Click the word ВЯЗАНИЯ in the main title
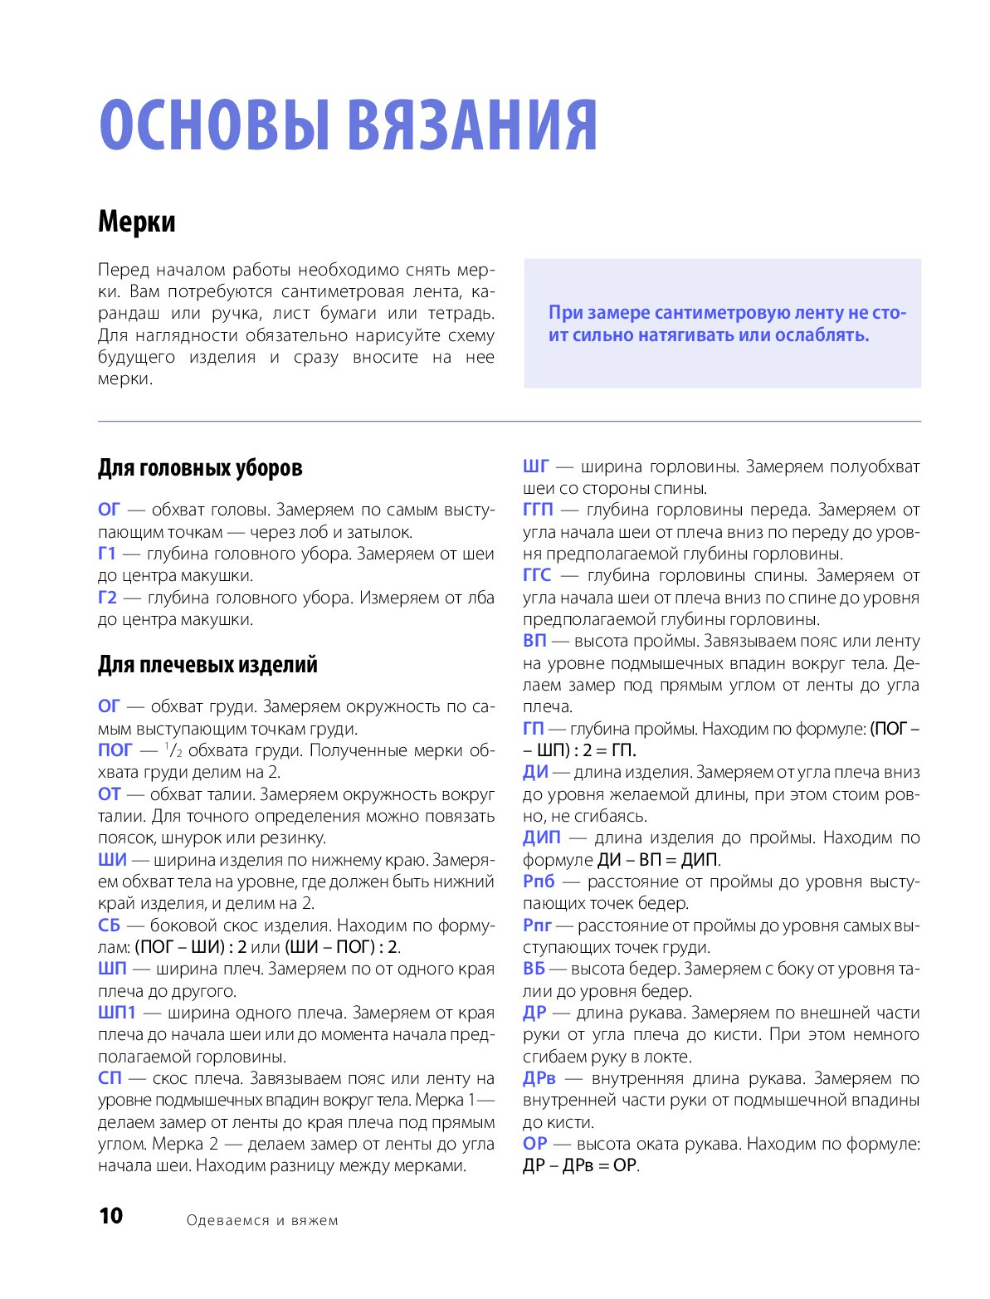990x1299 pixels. click(471, 126)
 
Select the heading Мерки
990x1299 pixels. click(137, 222)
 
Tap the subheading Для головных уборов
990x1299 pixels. click(200, 468)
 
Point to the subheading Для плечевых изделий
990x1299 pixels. click(207, 665)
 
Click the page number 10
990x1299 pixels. click(110, 1216)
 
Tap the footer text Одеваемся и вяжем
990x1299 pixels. click(262, 1220)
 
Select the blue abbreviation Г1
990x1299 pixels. click(107, 554)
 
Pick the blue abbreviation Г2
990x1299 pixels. click(108, 598)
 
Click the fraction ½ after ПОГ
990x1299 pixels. click(173, 750)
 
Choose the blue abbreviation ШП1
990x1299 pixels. click(117, 1013)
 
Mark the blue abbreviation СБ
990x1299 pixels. click(109, 925)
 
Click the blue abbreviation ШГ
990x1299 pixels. click(536, 466)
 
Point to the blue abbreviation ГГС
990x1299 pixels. click(537, 575)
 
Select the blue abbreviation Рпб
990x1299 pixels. click(539, 881)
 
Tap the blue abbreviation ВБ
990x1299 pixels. click(534, 969)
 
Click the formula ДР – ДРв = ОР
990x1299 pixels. click(580, 1165)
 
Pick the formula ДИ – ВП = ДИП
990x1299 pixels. click(657, 860)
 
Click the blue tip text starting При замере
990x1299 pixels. click(727, 324)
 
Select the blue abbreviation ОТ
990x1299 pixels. click(110, 794)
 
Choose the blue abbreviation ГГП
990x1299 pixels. click(538, 510)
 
